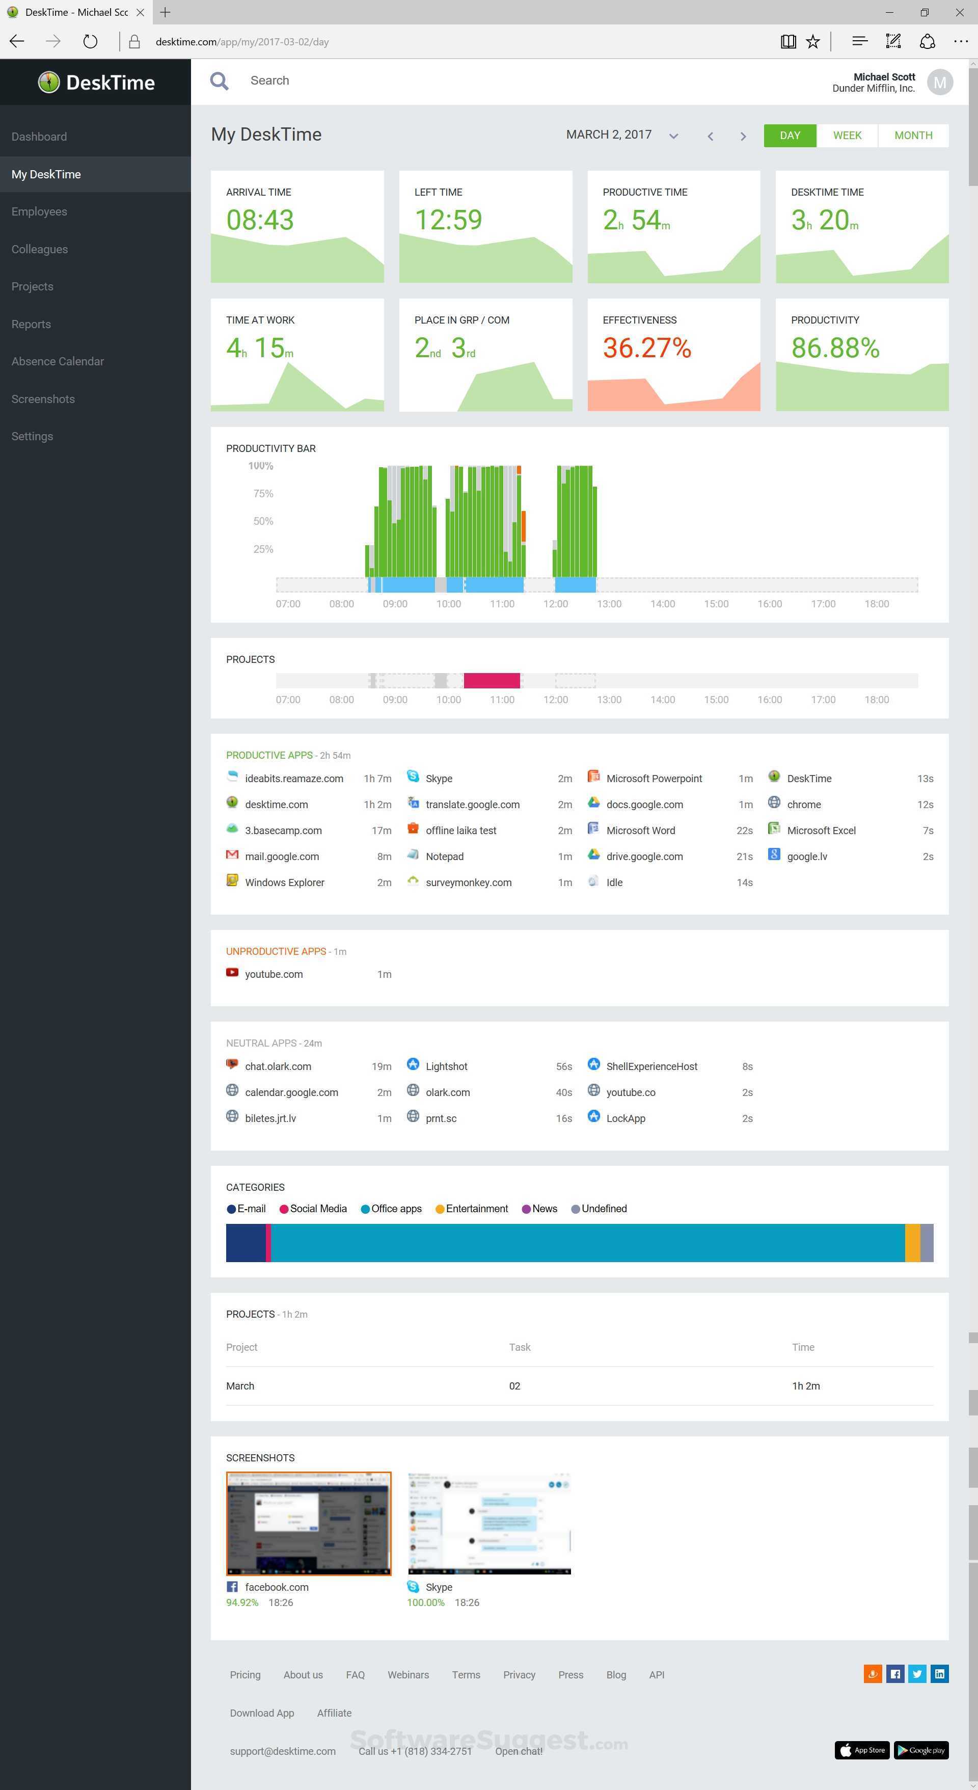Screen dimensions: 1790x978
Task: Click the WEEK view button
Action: point(847,136)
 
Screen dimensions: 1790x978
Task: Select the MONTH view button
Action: point(913,136)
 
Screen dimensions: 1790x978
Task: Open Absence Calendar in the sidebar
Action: point(58,361)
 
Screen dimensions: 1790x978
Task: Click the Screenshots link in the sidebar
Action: point(43,399)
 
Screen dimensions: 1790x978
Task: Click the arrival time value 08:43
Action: point(260,220)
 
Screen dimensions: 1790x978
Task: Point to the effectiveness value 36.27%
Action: point(647,348)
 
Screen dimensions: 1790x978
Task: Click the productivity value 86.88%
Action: point(835,348)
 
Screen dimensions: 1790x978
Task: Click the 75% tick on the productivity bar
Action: point(263,493)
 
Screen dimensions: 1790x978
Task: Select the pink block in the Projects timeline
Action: point(492,680)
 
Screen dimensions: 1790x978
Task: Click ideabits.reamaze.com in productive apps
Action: point(294,778)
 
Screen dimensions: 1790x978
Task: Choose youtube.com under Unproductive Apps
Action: point(274,974)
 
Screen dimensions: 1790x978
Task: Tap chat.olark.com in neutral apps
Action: point(278,1066)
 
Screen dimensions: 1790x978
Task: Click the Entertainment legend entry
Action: point(476,1209)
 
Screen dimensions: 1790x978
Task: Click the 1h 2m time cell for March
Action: point(806,1385)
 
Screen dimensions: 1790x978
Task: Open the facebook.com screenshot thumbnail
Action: point(308,1523)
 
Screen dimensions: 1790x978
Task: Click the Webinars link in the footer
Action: point(407,1675)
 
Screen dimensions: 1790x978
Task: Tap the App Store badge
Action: point(861,1750)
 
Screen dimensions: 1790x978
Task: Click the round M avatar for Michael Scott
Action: point(939,83)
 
